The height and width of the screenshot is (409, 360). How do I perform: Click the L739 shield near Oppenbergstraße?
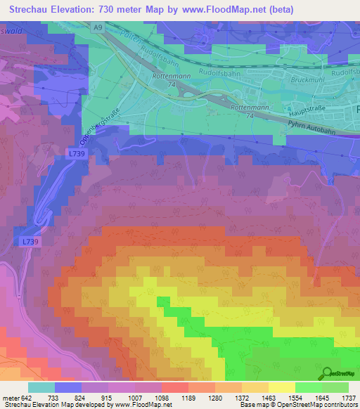point(77,152)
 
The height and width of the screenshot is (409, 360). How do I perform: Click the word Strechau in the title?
point(29,9)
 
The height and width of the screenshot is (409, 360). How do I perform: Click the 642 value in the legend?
point(27,397)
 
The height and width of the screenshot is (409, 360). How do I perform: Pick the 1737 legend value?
point(348,397)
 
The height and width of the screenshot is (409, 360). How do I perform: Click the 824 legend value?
point(82,397)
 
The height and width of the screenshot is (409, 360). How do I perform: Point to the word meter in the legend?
point(11,397)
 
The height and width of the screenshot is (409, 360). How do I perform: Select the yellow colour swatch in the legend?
point(281,387)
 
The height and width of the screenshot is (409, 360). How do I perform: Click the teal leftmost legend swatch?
point(41,387)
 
